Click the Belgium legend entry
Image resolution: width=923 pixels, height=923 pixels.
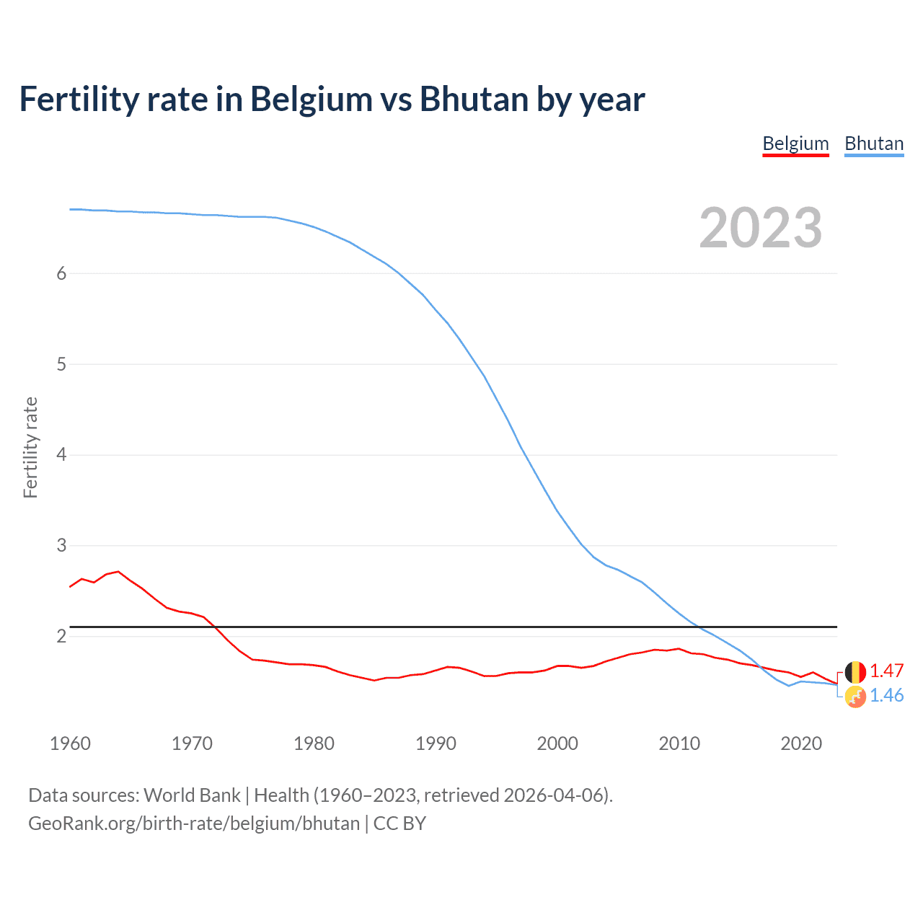tap(795, 143)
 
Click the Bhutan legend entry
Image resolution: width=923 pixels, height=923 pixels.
tap(874, 143)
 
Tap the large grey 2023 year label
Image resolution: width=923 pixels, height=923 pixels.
tap(760, 228)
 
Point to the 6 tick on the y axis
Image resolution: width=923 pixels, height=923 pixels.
tap(61, 273)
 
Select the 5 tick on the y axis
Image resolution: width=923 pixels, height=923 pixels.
tap(61, 364)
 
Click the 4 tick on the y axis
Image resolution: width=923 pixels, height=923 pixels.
tap(61, 455)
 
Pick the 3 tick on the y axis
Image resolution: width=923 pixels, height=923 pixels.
tap(61, 546)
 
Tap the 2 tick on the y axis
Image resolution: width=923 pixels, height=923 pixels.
tap(61, 636)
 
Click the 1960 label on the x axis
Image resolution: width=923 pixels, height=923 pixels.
tap(70, 743)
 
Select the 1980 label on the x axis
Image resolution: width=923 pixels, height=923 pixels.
tap(314, 743)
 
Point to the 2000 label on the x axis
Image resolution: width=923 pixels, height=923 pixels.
tap(557, 743)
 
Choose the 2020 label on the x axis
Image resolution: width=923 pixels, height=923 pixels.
tap(801, 743)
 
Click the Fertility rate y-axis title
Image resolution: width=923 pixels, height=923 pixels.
tap(30, 447)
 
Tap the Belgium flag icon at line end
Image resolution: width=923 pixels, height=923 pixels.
tap(855, 672)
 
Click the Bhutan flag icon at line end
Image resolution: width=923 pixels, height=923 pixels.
tap(855, 697)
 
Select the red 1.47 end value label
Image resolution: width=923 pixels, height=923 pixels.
tap(886, 671)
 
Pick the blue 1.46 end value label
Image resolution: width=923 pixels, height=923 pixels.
tap(886, 696)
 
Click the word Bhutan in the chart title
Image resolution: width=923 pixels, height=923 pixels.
tap(474, 100)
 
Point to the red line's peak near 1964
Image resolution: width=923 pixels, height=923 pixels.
tap(118, 572)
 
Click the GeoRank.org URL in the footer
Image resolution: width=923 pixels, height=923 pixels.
tap(193, 823)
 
